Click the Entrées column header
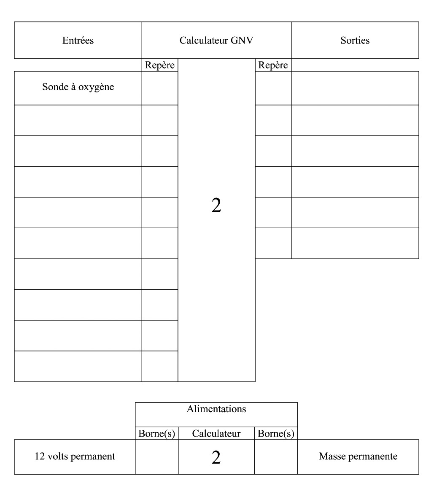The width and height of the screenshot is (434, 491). click(78, 40)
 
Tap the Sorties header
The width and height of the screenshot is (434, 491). click(355, 40)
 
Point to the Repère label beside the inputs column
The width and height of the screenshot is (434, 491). click(159, 65)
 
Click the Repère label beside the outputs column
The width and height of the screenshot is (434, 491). click(273, 65)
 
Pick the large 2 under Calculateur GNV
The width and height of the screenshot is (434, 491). click(216, 205)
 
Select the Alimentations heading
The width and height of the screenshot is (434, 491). click(216, 409)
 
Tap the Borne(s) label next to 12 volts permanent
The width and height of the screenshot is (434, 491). click(156, 434)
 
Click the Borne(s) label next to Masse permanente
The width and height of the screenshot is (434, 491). click(276, 434)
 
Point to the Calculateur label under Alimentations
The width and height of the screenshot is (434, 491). click(216, 434)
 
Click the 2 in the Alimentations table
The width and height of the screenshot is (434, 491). click(216, 457)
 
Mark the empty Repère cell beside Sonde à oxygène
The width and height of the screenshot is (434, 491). click(159, 88)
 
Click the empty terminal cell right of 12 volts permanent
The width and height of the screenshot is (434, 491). click(156, 457)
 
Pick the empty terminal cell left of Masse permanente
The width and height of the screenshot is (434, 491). click(276, 457)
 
